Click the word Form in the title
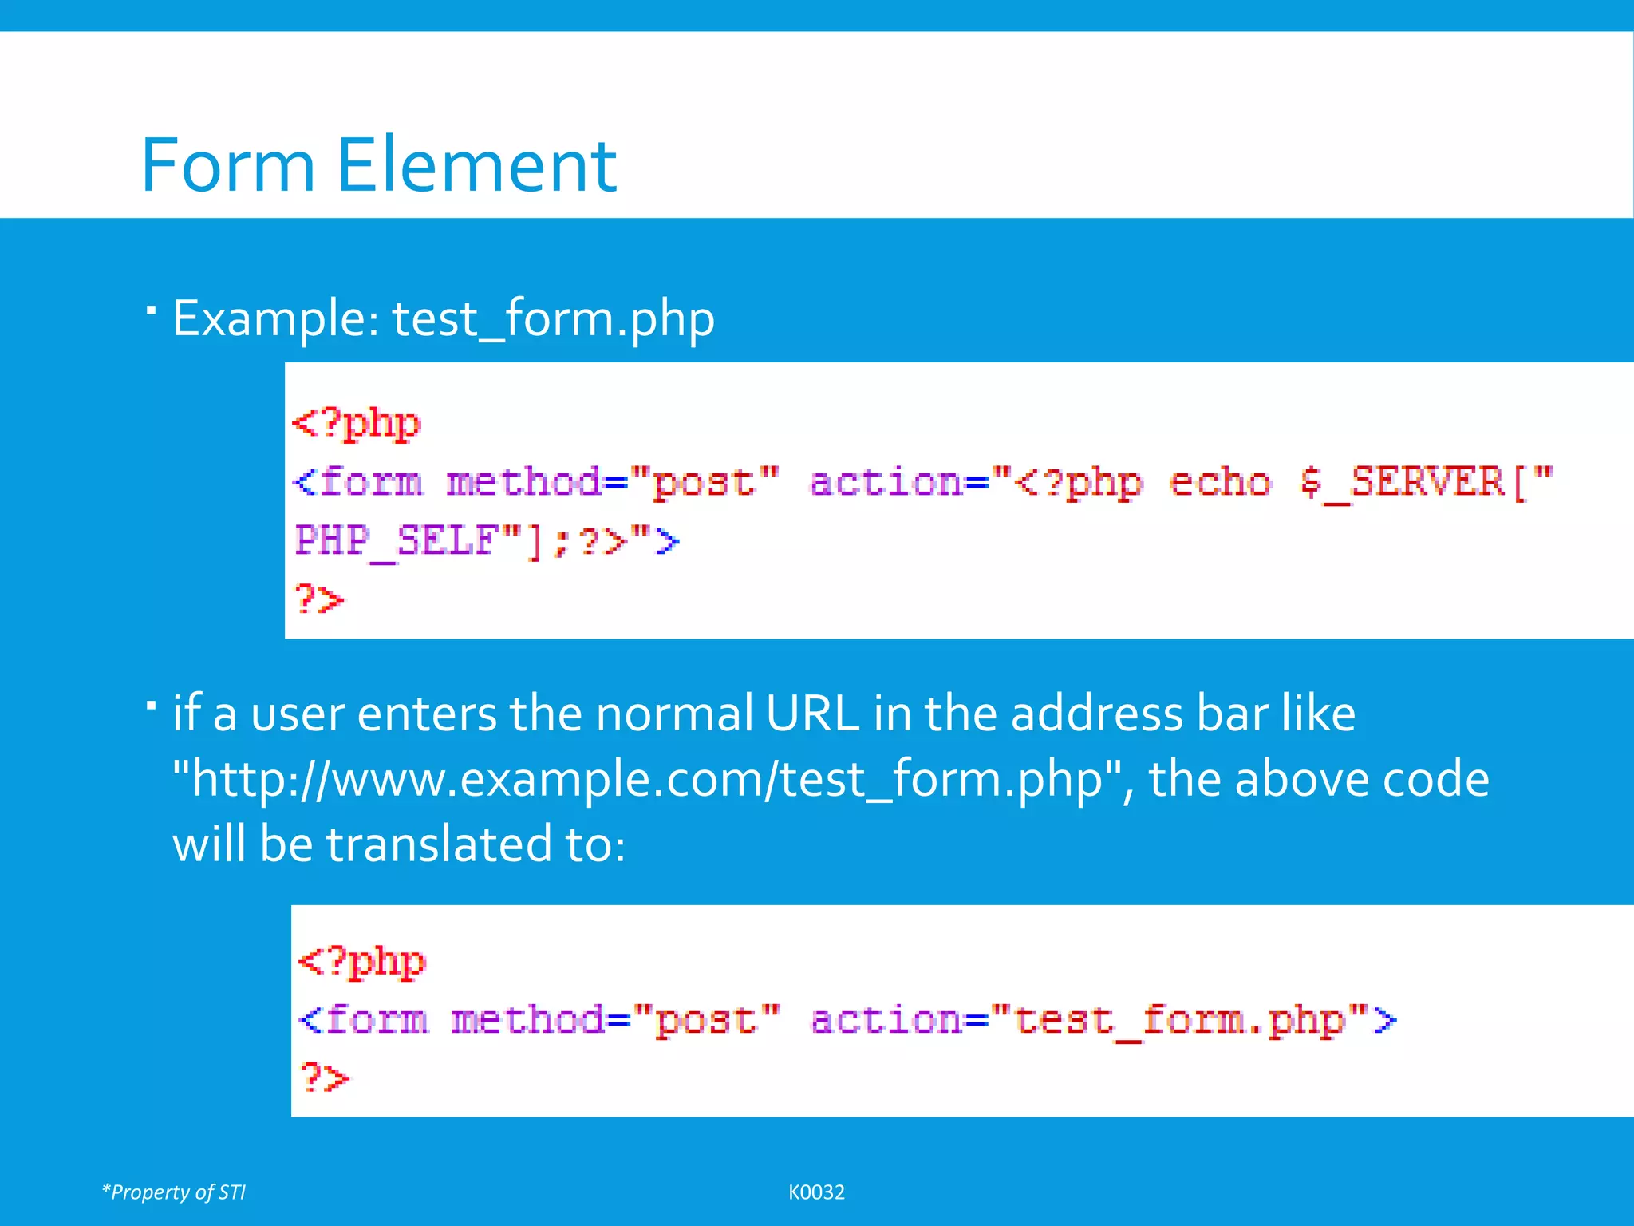pyautogui.click(x=228, y=165)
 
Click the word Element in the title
pyautogui.click(x=476, y=165)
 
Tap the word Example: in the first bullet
pyautogui.click(x=276, y=318)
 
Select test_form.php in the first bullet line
pyautogui.click(x=553, y=318)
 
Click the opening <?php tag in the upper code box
pyautogui.click(x=356, y=423)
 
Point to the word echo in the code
pyautogui.click(x=1219, y=483)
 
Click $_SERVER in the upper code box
pyautogui.click(x=1402, y=483)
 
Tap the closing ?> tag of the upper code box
pyautogui.click(x=319, y=599)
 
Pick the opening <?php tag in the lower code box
pyautogui.click(x=361, y=962)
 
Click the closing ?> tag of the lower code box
pyautogui.click(x=324, y=1078)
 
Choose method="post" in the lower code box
pyautogui.click(x=615, y=1021)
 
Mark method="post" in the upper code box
pyautogui.click(x=612, y=483)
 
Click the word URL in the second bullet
pyautogui.click(x=811, y=713)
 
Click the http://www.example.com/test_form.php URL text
pyautogui.click(x=647, y=779)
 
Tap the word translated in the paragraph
pyautogui.click(x=439, y=844)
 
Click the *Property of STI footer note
pyautogui.click(x=174, y=1192)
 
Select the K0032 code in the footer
pyautogui.click(x=816, y=1192)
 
